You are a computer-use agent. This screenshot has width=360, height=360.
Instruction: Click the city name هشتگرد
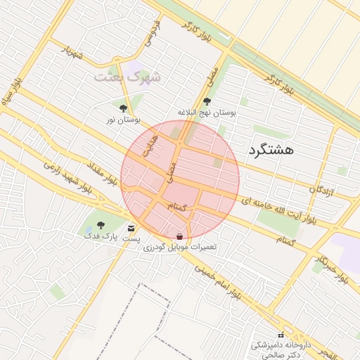[x=271, y=149]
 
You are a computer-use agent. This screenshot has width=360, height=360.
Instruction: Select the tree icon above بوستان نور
[x=124, y=108]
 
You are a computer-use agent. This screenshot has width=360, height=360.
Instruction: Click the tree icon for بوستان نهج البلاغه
[x=206, y=101]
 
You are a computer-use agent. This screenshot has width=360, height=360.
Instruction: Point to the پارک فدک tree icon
[x=101, y=225]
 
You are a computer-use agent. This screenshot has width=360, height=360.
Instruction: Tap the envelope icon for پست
[x=131, y=228]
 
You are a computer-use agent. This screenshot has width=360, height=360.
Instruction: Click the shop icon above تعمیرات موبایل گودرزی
[x=180, y=236]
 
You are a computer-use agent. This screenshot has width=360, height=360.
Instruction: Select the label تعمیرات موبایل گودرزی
[x=180, y=247]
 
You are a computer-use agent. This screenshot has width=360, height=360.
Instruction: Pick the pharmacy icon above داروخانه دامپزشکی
[x=281, y=335]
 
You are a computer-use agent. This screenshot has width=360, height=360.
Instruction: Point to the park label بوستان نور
[x=120, y=121]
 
